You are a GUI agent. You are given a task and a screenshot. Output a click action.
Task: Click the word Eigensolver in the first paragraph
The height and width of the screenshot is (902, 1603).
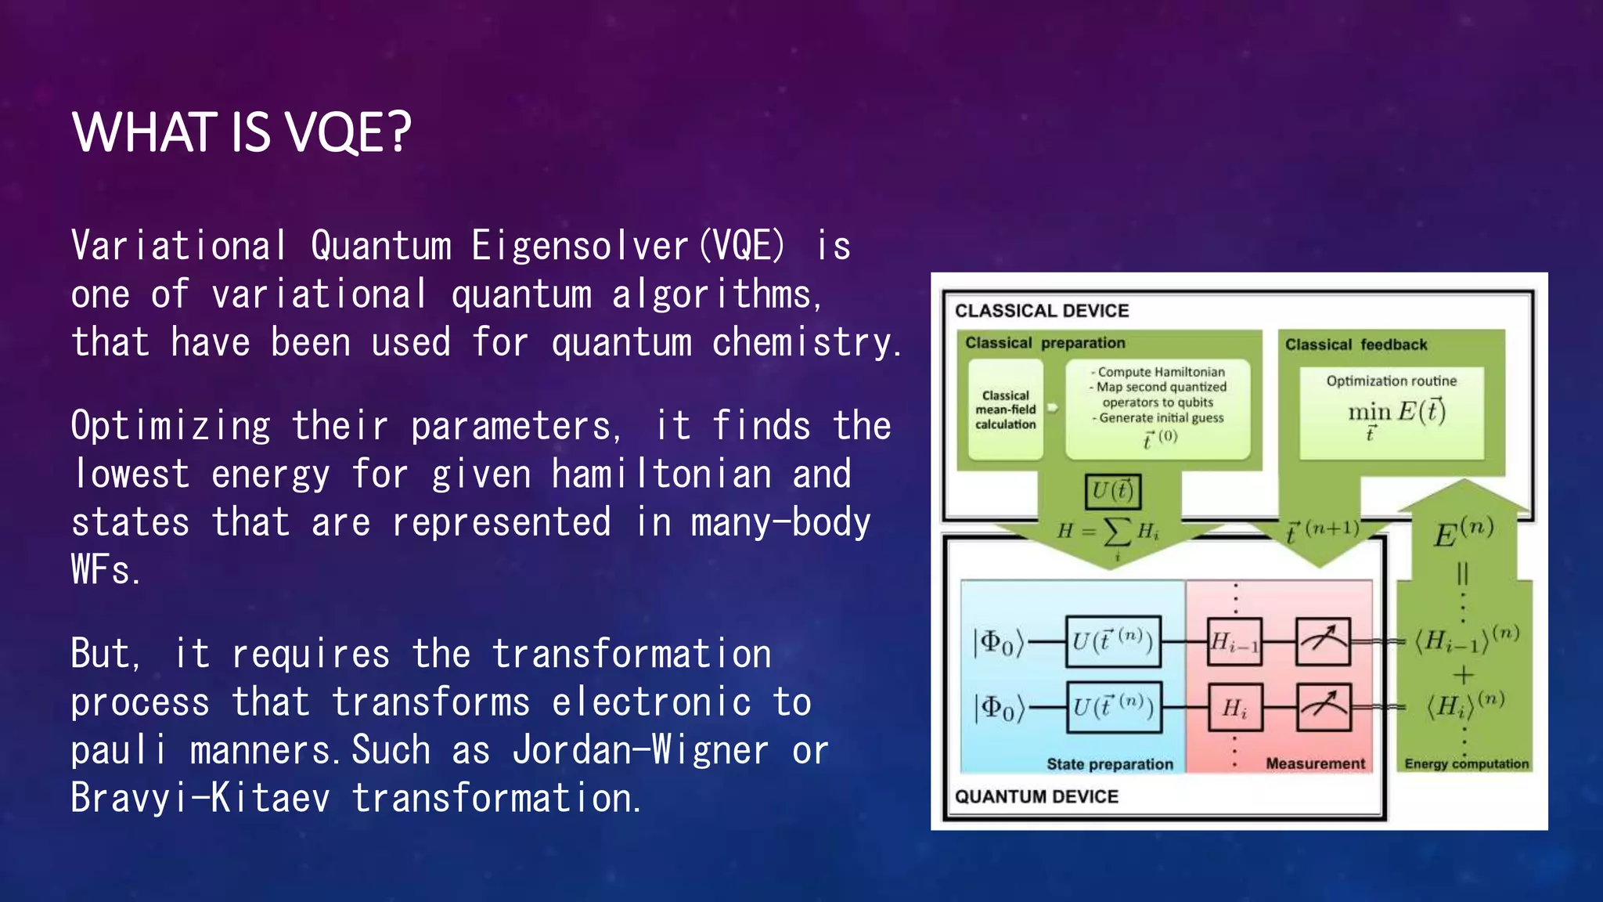click(x=580, y=246)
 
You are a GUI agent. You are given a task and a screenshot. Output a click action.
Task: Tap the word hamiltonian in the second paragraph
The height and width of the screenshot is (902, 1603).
click(x=661, y=474)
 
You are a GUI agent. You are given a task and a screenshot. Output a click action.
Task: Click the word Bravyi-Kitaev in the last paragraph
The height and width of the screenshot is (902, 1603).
click(x=200, y=799)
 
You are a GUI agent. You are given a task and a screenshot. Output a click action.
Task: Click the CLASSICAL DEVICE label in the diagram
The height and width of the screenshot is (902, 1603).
click(x=1041, y=311)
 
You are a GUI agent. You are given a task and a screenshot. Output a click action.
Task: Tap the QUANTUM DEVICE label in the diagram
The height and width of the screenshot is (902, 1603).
click(x=1036, y=796)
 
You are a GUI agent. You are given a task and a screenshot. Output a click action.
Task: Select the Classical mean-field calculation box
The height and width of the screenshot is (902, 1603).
click(x=1005, y=410)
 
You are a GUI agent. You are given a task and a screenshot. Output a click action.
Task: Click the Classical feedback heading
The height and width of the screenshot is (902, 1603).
click(x=1356, y=345)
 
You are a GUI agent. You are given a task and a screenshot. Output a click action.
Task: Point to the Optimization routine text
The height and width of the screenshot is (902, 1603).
click(x=1391, y=381)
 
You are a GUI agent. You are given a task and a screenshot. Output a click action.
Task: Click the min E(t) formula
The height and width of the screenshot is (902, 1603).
click(x=1396, y=413)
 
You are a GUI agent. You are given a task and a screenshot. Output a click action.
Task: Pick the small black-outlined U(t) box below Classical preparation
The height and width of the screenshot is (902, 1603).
click(x=1112, y=491)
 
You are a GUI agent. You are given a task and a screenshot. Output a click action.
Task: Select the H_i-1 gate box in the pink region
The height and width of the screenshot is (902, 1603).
click(x=1234, y=642)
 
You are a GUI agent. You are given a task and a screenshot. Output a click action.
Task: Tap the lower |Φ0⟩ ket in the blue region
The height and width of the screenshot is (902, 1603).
click(x=998, y=708)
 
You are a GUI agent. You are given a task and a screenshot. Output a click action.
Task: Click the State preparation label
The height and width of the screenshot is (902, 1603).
click(x=1109, y=764)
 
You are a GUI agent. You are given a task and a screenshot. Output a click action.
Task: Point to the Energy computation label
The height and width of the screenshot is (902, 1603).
click(x=1466, y=764)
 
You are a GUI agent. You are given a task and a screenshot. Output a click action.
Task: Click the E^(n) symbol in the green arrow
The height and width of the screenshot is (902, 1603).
click(x=1463, y=534)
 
